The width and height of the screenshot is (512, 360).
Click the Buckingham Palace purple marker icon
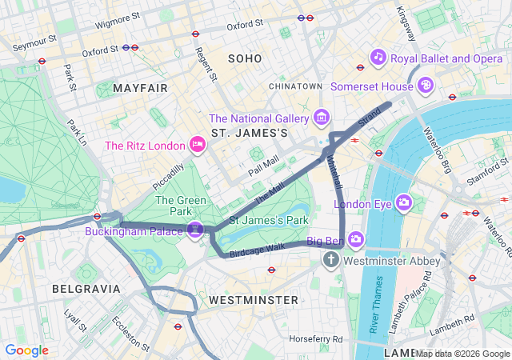[194, 231]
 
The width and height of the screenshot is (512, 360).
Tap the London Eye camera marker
[403, 203]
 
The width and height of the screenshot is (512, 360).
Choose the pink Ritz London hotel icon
[197, 145]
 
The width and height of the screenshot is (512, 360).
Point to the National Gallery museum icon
[322, 118]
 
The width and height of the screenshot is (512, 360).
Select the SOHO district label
[245, 58]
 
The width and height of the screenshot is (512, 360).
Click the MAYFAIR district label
[141, 87]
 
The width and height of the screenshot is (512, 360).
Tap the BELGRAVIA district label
[86, 288]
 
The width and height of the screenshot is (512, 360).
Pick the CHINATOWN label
[295, 86]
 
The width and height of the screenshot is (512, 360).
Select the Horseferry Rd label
[317, 338]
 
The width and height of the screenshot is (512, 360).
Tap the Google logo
[26, 350]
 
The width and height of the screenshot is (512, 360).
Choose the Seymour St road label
[34, 38]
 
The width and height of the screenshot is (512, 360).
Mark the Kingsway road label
[406, 25]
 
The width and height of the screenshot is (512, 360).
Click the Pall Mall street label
[263, 166]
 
